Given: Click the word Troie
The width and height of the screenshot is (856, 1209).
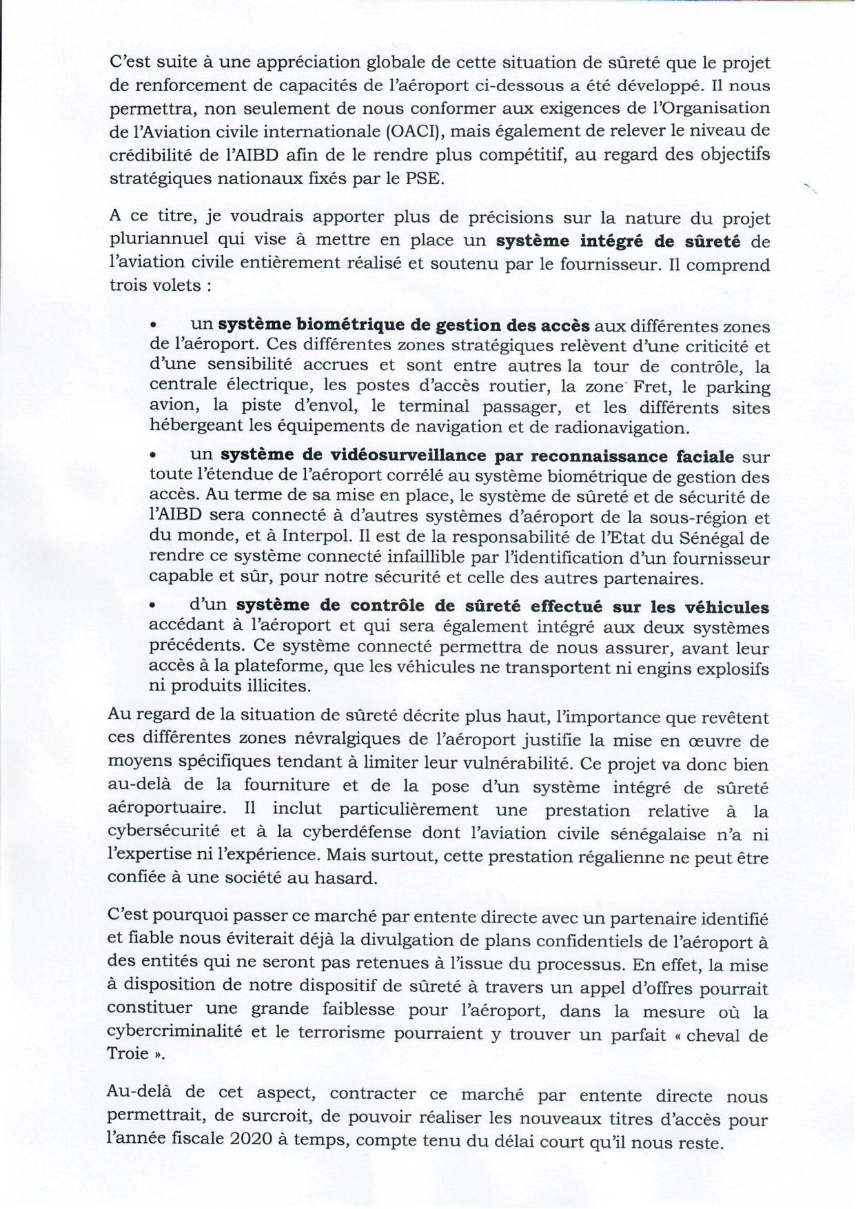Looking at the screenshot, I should (x=128, y=1055).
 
